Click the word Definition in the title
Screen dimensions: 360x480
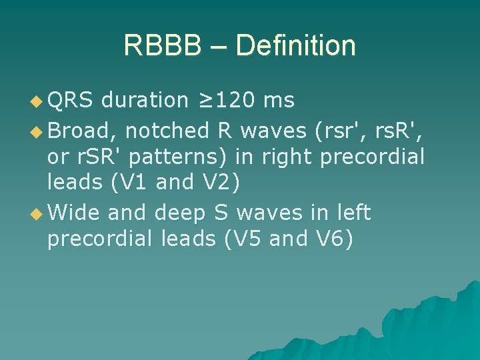pos(295,46)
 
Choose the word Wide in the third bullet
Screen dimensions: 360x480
pos(74,212)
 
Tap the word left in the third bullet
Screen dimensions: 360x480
pos(350,212)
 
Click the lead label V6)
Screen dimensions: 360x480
pos(334,239)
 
